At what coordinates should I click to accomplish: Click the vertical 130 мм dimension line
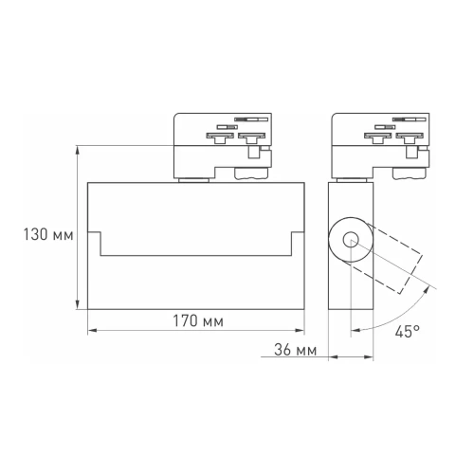pos(77,228)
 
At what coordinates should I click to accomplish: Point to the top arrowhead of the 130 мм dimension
pos(77,149)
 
